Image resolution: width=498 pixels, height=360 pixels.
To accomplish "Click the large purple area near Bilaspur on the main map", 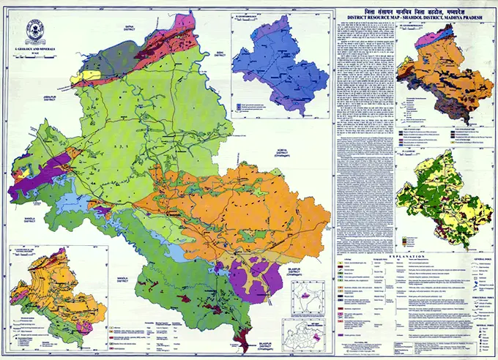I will tap(253, 277).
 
